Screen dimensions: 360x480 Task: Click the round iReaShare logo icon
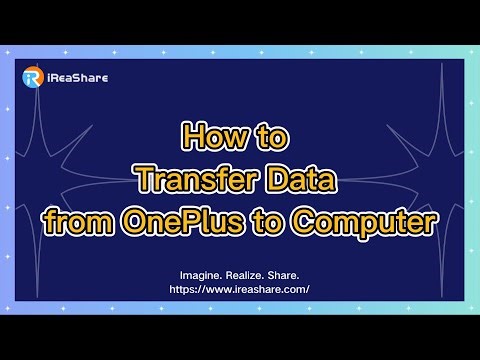click(32, 78)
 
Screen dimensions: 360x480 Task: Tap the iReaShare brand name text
click(78, 78)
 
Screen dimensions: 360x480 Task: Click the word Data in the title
click(298, 180)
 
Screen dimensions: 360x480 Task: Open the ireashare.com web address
click(239, 289)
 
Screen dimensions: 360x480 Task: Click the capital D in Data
click(274, 180)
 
